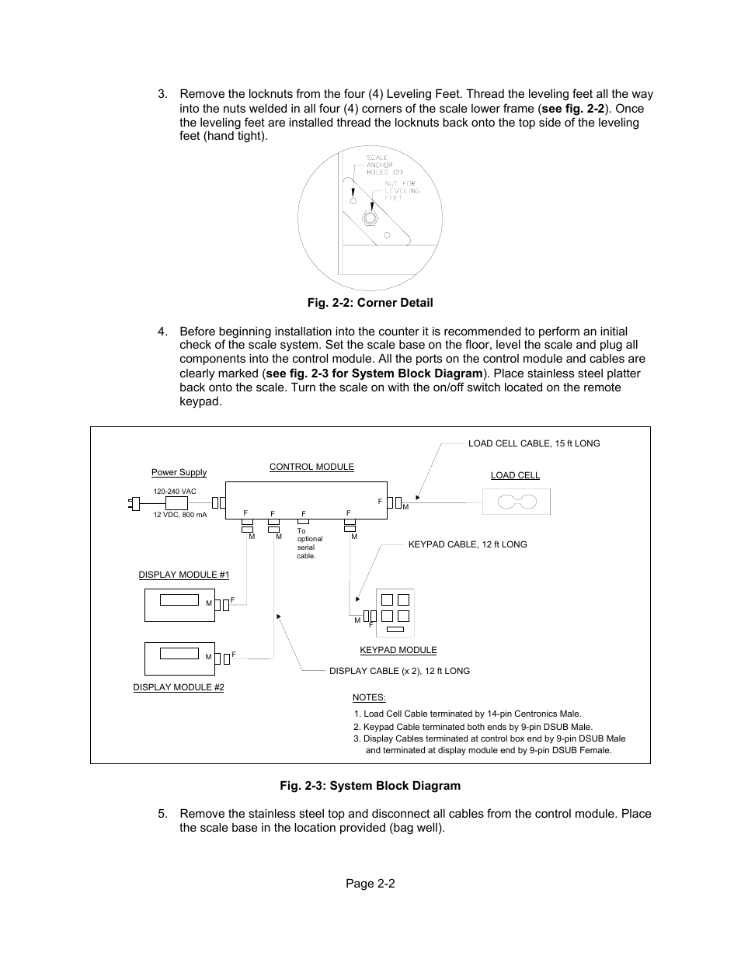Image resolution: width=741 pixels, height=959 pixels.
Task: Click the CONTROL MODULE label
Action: [311, 467]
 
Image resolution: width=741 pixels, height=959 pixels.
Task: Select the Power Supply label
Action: [179, 472]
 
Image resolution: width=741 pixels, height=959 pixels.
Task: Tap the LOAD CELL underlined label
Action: [515, 475]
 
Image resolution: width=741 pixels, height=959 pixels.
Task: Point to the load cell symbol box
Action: [517, 502]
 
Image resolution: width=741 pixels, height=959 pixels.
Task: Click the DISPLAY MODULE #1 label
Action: [184, 575]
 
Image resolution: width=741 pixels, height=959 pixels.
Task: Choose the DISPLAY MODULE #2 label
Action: [179, 687]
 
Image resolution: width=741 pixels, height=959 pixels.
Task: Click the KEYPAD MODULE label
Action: [398, 650]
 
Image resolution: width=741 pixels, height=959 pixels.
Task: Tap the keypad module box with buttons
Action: [395, 613]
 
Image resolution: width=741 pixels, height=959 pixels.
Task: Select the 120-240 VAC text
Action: [175, 492]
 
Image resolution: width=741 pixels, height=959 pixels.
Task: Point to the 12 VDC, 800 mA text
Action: [180, 515]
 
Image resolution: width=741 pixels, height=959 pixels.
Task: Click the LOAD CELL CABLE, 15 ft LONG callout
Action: [534, 443]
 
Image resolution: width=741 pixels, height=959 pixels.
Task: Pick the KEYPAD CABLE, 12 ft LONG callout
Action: [468, 544]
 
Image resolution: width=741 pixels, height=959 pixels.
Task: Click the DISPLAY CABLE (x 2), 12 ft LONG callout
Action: [399, 671]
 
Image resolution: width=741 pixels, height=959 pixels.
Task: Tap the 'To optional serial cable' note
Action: [309, 544]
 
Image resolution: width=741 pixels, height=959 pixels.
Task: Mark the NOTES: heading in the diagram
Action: [369, 697]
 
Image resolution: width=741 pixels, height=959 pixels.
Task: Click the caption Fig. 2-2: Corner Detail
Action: [370, 303]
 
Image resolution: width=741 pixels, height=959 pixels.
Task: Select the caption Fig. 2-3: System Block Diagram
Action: [370, 786]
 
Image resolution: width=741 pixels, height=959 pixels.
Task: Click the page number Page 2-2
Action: [370, 884]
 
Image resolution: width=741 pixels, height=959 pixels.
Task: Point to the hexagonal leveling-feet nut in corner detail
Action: [370, 217]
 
